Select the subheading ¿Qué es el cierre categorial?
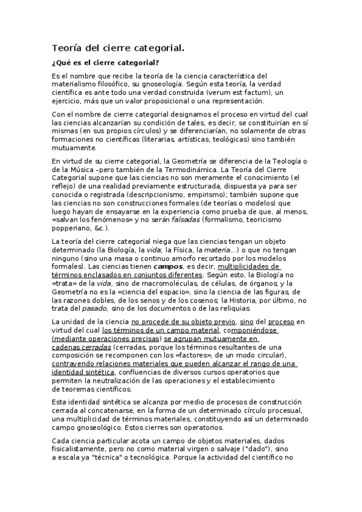[106, 63]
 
